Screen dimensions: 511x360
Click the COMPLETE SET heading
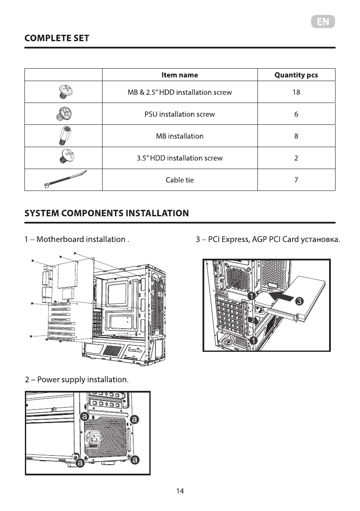pos(57,38)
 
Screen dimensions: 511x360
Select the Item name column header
pos(179,75)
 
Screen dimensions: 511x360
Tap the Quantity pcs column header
pos(296,75)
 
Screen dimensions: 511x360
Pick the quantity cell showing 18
pos(296,92)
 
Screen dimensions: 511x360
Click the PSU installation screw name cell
pos(179,114)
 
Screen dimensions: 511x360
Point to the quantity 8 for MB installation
pos(296,136)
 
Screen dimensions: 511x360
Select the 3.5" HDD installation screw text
pos(179,158)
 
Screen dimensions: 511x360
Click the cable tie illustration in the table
pos(65,180)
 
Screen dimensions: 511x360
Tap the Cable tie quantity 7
pos(296,180)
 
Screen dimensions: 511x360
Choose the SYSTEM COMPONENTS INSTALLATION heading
pos(106,213)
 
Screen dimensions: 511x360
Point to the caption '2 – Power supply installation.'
pos(77,380)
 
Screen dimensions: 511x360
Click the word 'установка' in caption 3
pos(319,239)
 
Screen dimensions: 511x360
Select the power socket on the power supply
pos(94,438)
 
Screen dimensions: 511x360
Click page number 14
pos(180,491)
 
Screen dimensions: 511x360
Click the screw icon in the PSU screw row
pos(64,114)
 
